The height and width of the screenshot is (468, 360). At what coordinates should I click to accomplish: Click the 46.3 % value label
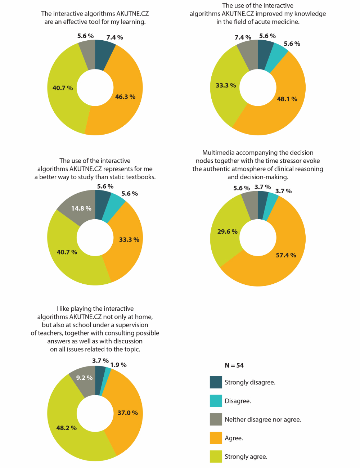[x=125, y=97]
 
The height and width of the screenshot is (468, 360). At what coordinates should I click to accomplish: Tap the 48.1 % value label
[x=287, y=99]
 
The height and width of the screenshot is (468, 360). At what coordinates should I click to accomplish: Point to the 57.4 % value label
[x=286, y=255]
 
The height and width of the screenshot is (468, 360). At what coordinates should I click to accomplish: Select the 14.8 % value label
[x=81, y=208]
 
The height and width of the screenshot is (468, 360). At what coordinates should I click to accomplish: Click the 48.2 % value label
[x=66, y=428]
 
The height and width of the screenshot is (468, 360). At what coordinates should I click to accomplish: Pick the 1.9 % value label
[x=118, y=365]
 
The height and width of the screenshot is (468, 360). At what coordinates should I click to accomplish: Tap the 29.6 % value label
[x=227, y=232]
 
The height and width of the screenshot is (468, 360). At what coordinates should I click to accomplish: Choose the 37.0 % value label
[x=127, y=413]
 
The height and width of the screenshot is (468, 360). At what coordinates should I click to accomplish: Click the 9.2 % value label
[x=84, y=378]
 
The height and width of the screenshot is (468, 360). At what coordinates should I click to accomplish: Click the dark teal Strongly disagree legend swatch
[x=216, y=382]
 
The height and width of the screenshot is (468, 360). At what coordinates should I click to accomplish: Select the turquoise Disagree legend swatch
[x=216, y=401]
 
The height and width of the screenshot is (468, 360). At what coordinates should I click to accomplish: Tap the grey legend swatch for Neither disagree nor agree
[x=216, y=419]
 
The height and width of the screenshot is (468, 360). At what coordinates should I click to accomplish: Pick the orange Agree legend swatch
[x=216, y=438]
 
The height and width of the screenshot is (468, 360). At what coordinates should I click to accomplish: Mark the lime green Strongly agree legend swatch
[x=216, y=456]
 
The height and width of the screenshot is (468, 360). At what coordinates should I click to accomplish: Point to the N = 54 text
[x=234, y=365]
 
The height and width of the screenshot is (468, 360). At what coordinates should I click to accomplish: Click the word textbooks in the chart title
[x=140, y=177]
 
